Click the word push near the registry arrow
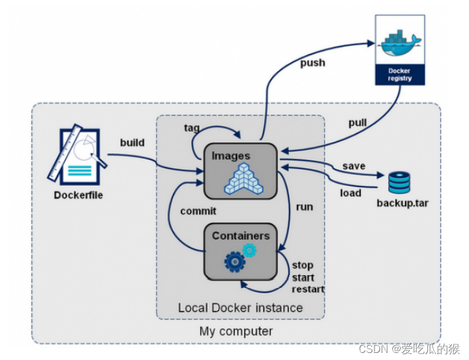313,63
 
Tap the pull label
358,123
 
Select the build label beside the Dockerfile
132,142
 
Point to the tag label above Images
192,128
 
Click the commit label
198,211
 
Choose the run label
304,207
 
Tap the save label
354,166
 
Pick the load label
350,193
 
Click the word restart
308,289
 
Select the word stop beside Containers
303,266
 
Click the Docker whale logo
400,42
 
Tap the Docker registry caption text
400,74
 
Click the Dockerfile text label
78,195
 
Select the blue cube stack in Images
244,178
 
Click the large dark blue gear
235,262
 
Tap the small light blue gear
249,250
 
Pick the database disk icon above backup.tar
399,182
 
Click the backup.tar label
402,203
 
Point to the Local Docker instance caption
241,307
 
